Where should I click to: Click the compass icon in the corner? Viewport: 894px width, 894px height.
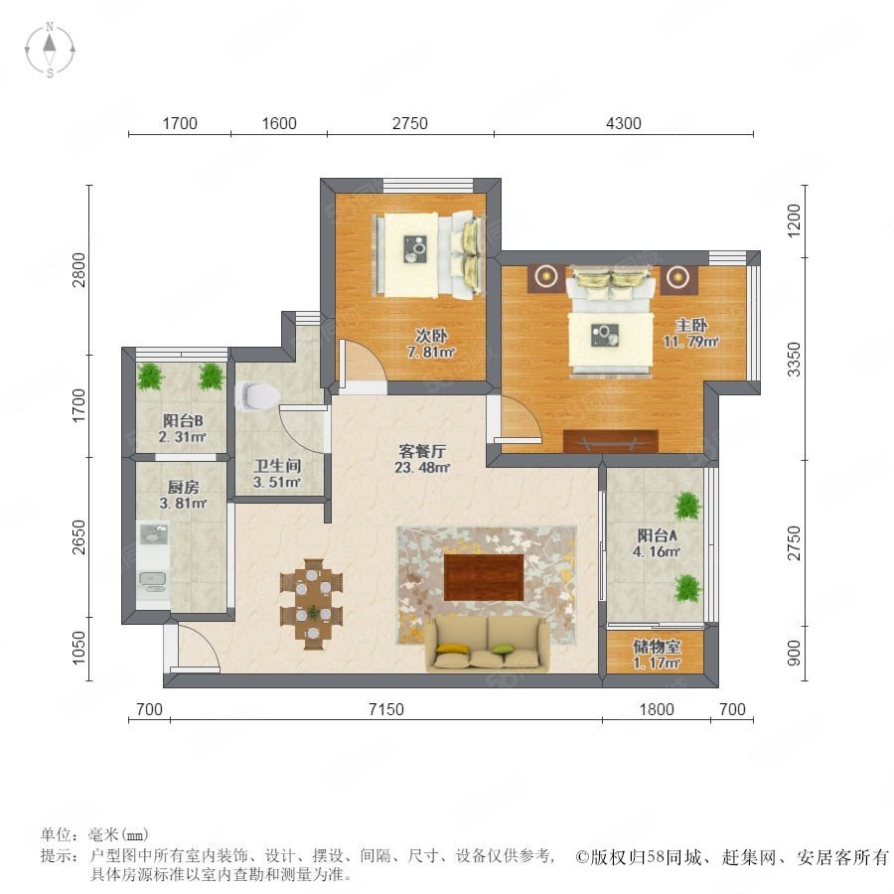(x=51, y=50)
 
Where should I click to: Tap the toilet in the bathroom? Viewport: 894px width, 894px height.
(x=256, y=395)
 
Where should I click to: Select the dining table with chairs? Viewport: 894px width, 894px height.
(x=311, y=604)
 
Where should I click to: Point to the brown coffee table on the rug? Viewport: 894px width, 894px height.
(x=484, y=577)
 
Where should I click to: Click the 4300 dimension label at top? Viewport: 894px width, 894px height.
(x=623, y=123)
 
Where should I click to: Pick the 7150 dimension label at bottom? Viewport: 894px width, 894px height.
(x=386, y=709)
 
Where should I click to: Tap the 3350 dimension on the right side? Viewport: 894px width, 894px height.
(x=794, y=360)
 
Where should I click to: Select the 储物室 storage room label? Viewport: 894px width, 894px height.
(x=657, y=647)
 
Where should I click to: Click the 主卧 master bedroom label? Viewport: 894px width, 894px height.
(x=691, y=326)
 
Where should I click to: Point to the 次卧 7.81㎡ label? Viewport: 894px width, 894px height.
(x=431, y=344)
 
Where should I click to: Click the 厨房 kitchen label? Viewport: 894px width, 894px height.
(x=183, y=488)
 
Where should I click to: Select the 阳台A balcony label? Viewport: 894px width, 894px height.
(x=657, y=535)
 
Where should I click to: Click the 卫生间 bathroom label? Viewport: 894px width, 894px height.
(x=277, y=466)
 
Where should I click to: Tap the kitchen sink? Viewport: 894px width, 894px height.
(x=153, y=534)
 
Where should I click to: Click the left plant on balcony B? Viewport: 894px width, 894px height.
(x=150, y=376)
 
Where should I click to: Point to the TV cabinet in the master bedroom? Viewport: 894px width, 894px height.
(x=611, y=441)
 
